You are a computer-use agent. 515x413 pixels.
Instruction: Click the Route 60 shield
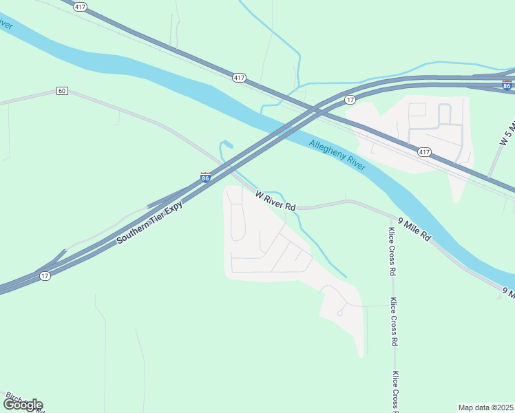(62, 91)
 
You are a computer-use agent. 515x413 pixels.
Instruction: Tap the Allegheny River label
(337, 155)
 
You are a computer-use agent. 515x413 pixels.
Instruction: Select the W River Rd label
(275, 201)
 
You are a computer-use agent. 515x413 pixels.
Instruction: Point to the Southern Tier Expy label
(149, 222)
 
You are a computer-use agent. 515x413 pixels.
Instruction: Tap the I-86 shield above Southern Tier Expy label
(205, 178)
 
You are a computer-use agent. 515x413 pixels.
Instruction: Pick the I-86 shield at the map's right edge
(507, 85)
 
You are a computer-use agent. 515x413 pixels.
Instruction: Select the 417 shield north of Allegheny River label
(239, 78)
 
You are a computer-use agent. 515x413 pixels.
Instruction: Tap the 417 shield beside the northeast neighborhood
(425, 151)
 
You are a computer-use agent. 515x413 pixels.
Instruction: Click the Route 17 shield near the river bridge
(350, 100)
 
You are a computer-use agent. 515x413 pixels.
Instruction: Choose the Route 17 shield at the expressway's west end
(45, 276)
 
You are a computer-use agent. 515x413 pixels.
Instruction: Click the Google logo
(23, 405)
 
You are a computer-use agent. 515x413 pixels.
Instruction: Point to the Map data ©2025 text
(486, 407)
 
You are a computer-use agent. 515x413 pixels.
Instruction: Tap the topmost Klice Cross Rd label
(392, 251)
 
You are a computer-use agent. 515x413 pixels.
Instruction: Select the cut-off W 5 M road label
(507, 131)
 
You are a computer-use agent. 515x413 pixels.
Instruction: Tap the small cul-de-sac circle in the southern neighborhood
(339, 313)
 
